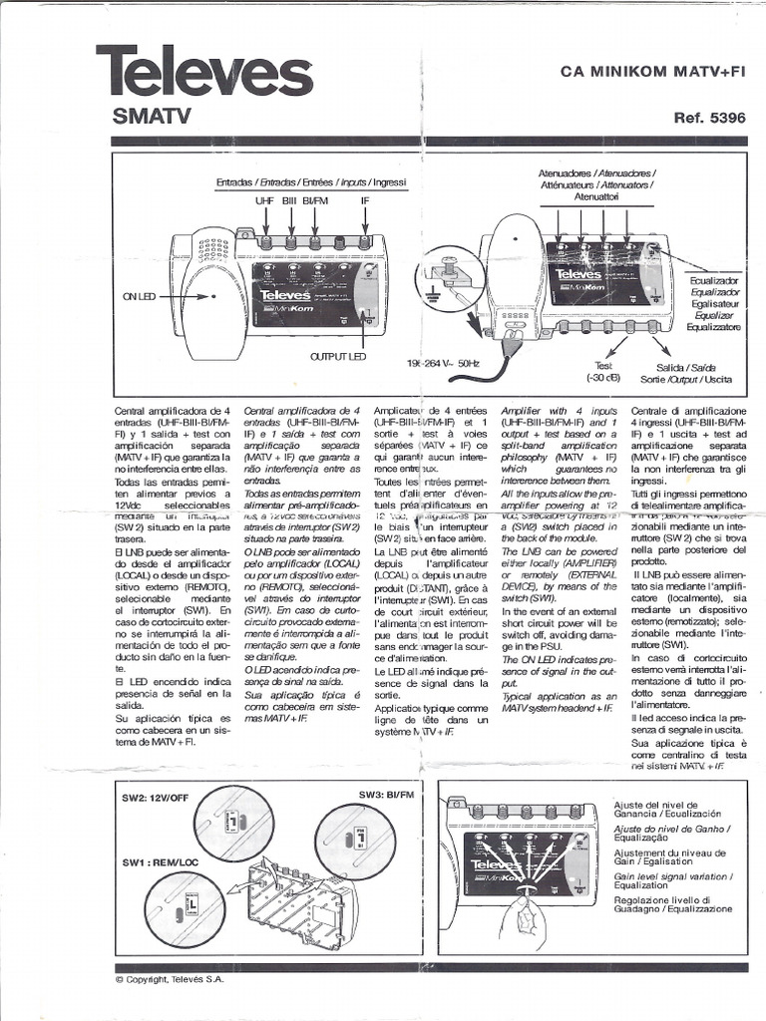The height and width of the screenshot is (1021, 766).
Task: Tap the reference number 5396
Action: click(709, 118)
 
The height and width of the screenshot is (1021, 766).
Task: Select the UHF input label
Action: click(264, 200)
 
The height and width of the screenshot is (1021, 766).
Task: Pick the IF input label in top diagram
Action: click(365, 200)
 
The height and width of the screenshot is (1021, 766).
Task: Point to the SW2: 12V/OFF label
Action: click(157, 798)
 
